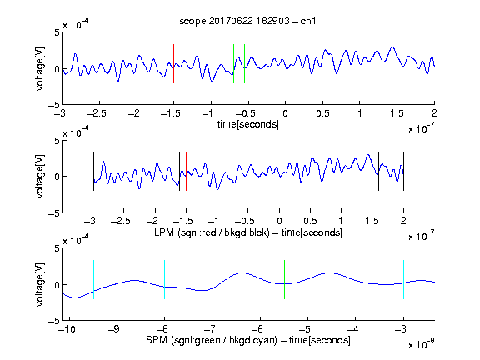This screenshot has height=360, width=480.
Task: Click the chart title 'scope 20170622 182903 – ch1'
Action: [x=247, y=21]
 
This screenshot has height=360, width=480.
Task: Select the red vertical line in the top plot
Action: [x=173, y=63]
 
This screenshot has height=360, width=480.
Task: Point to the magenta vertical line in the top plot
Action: [x=397, y=63]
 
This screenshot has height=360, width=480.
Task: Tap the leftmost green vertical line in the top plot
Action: [x=233, y=63]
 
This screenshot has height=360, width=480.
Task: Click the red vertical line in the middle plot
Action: [x=186, y=171]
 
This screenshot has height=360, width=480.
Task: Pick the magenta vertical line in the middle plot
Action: [x=372, y=171]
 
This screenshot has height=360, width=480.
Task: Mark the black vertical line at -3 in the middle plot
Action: [x=93, y=171]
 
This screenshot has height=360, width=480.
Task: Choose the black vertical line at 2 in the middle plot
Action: [x=403, y=171]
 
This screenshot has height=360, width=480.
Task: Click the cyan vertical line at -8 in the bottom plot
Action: [x=165, y=279]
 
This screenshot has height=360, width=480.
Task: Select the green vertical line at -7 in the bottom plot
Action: [x=212, y=279]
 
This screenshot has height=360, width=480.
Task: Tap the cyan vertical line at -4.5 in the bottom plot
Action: [x=332, y=279]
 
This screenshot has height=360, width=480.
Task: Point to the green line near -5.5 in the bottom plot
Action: [x=285, y=279]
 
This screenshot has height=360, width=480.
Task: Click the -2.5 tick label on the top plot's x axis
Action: [x=97, y=113]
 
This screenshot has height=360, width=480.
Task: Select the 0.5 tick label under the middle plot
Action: [x=310, y=221]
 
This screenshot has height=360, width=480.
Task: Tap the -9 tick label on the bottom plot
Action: [x=114, y=329]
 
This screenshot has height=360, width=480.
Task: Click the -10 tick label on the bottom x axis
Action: [x=67, y=329]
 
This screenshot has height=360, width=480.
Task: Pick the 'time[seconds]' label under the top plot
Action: [x=248, y=124]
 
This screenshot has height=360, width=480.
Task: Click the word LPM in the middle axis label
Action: [x=164, y=232]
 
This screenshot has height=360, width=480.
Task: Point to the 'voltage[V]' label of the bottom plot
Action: [x=40, y=284]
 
